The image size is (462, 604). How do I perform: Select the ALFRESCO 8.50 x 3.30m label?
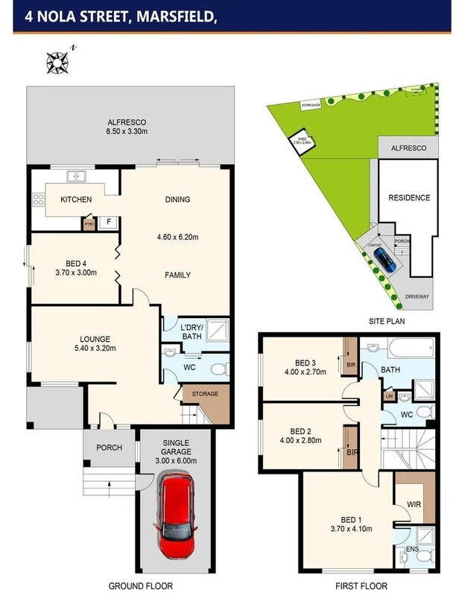[127, 127]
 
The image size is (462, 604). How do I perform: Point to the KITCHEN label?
[76, 200]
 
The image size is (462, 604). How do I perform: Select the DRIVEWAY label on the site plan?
[417, 297]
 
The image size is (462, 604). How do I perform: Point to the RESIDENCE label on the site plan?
[409, 198]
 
